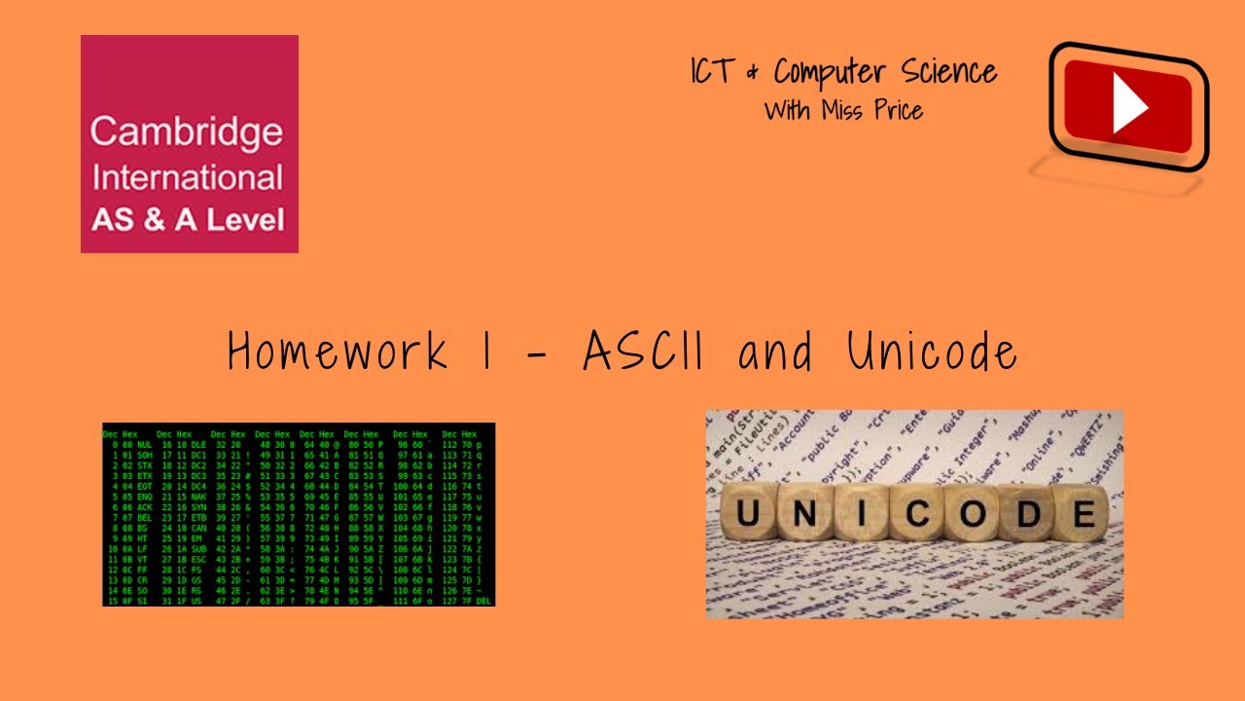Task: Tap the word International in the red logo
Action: pos(187,178)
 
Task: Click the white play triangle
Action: pos(1129,106)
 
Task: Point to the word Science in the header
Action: pos(949,73)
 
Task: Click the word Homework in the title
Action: pos(338,350)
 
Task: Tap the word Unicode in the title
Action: pos(931,350)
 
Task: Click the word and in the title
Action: pos(775,351)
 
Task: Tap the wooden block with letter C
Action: pos(914,514)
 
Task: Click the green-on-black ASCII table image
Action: pos(299,514)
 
